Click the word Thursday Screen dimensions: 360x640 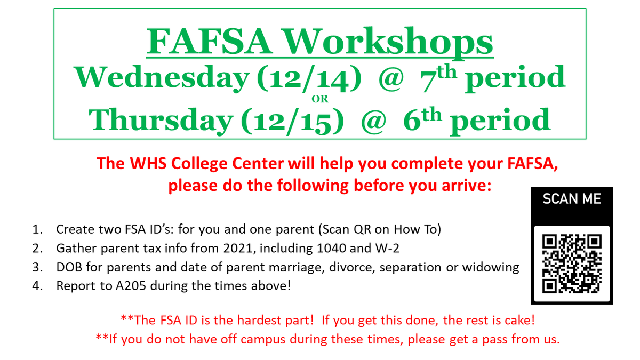pos(160,120)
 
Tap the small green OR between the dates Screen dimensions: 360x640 pos(320,99)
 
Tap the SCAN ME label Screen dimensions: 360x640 pos(572,199)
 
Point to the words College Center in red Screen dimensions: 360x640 pos(216,163)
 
